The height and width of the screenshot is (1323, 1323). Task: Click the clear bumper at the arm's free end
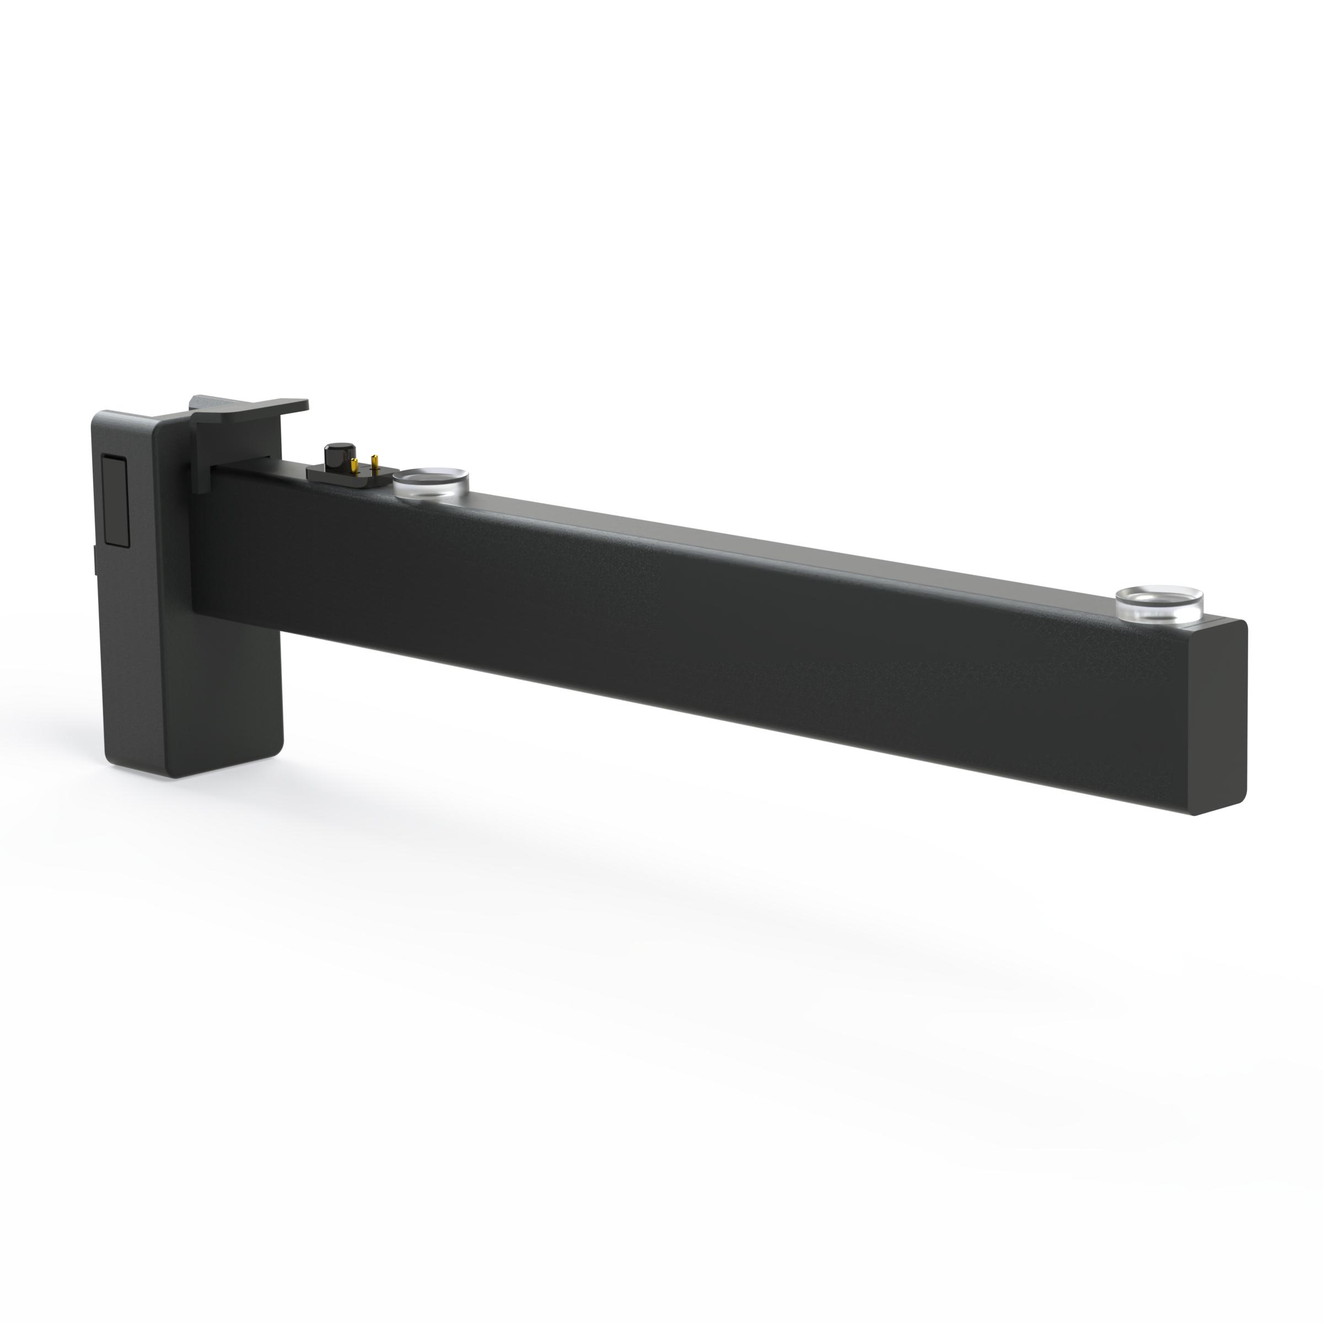click(x=1159, y=604)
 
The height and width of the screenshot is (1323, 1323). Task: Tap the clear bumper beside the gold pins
click(x=430, y=482)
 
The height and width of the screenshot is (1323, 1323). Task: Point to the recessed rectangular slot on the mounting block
click(x=115, y=501)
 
